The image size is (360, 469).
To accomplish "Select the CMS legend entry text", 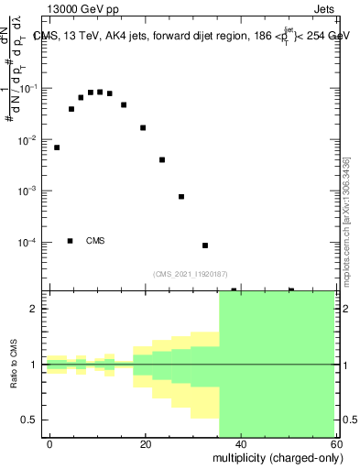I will [x=95, y=241].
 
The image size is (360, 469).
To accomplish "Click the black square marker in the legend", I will [x=70, y=241].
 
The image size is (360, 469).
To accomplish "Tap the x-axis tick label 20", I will [x=145, y=443].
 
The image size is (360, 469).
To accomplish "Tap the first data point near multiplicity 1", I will [x=57, y=147].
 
